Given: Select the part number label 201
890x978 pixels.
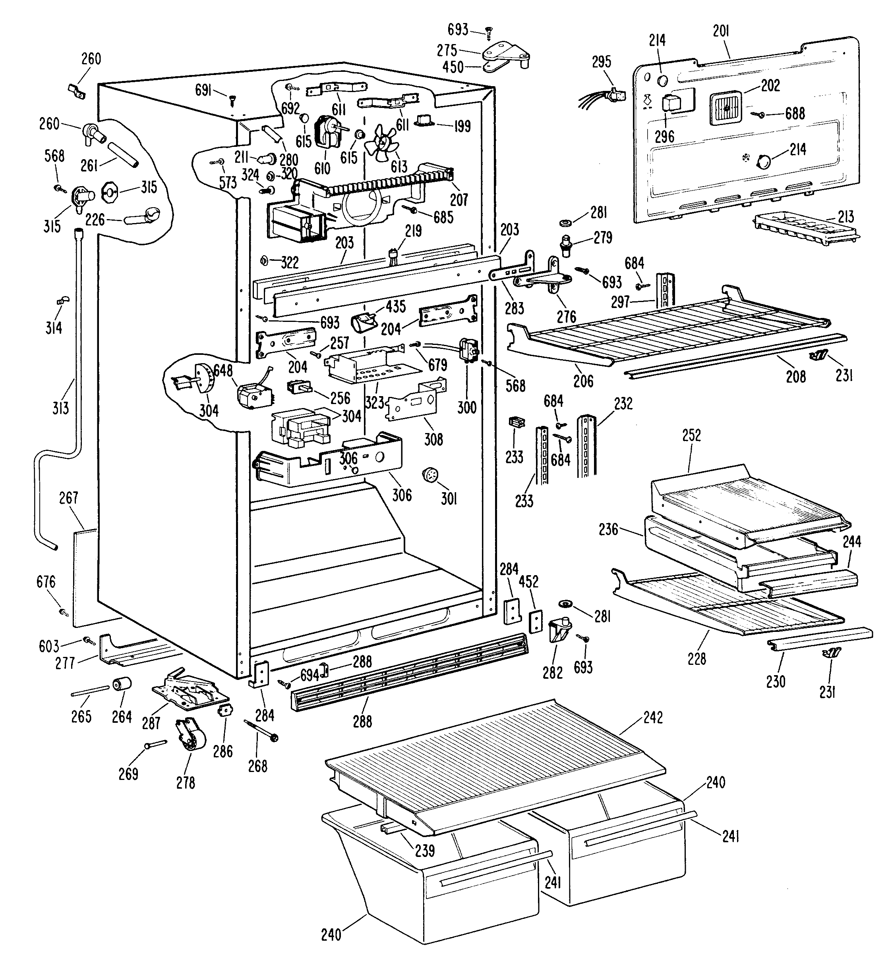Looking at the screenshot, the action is (x=721, y=31).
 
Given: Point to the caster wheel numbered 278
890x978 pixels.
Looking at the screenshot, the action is (x=190, y=738).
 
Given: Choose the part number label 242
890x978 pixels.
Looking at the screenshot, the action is (x=652, y=718).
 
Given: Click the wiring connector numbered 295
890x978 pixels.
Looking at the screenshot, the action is (x=602, y=96).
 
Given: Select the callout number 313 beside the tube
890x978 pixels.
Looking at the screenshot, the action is (x=61, y=408).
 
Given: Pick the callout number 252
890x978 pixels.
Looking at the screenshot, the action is (x=691, y=435).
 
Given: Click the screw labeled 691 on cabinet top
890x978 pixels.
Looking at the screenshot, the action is (x=232, y=100).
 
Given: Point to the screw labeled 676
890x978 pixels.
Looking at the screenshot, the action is (x=64, y=613).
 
